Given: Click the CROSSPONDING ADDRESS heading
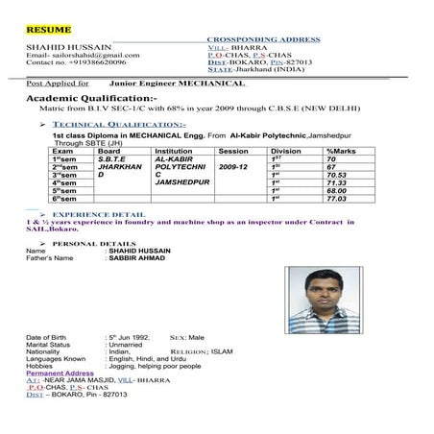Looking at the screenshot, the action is pos(264,39).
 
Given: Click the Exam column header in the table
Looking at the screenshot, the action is pos(62,151).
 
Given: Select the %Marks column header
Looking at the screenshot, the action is pos(343,151).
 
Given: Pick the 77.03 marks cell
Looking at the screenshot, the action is pos(337,199).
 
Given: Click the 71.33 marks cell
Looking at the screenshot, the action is pos(337,182).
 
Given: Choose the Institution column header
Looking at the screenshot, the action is pos(173,151).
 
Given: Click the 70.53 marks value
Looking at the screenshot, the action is pos(337,175).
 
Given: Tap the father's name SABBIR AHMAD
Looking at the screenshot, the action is pos(138,259).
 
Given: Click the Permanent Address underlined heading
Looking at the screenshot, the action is pos(60,373).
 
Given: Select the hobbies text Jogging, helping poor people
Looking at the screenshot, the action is pos(156,365).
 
